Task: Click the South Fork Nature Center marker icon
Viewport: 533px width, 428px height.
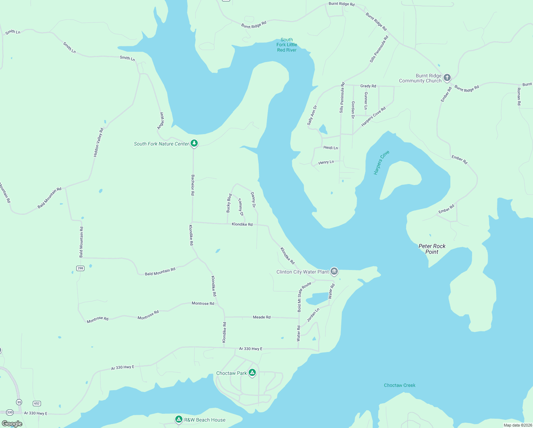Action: coord(194,143)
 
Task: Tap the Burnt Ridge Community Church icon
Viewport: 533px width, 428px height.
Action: coord(447,77)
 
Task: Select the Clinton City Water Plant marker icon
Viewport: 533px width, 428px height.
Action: coord(334,271)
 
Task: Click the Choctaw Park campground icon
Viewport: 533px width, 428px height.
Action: coord(252,373)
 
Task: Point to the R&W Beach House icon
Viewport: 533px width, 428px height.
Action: coord(179,419)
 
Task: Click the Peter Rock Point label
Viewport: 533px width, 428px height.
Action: coord(432,249)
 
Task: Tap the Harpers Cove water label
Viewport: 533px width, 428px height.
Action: coord(381,163)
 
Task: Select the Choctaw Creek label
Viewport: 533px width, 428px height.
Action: coord(399,385)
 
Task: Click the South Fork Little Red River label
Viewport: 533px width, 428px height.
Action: coord(287,45)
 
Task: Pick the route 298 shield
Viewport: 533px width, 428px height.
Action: coord(80,268)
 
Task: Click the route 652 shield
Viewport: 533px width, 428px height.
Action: coord(37,403)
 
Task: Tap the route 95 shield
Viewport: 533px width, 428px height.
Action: coord(19,402)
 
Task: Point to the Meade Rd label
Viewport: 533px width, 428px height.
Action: coord(262,317)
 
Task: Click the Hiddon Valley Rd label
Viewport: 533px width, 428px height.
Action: coord(98,143)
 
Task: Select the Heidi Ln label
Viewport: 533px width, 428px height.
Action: coord(331,148)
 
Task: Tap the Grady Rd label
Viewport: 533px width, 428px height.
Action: coord(368,86)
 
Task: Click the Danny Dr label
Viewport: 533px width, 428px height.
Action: coord(253,200)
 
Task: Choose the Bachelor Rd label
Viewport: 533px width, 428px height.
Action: coord(193,185)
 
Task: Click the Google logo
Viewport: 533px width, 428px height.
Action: coord(12,424)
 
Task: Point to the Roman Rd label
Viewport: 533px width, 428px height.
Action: coord(519,96)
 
